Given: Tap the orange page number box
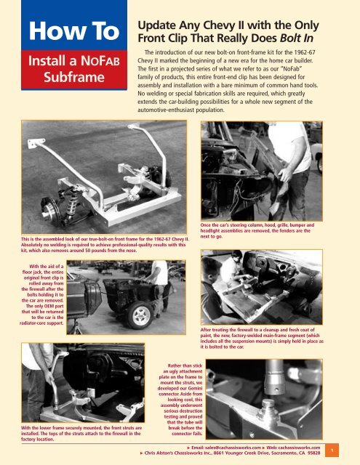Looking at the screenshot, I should point(351,450).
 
